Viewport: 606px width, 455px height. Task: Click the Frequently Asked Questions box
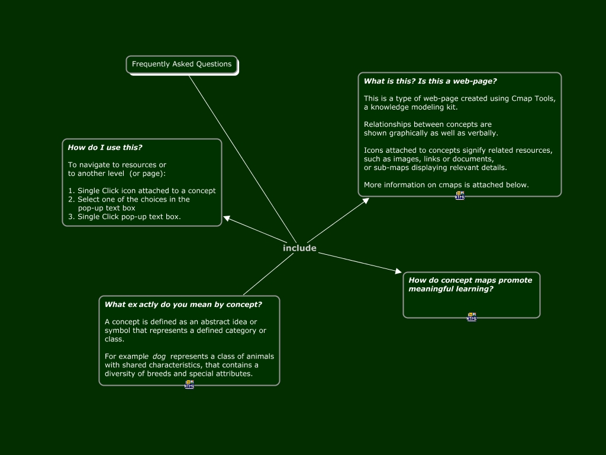click(182, 64)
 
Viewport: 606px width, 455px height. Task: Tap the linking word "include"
click(299, 248)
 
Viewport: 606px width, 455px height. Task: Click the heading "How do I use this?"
click(105, 148)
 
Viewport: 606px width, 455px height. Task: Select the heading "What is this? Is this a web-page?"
click(430, 81)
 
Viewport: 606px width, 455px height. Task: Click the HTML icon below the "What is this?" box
click(460, 196)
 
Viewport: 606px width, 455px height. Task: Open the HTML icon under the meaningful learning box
click(471, 317)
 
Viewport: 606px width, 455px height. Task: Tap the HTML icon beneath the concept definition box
click(189, 384)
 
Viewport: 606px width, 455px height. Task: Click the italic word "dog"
click(159, 357)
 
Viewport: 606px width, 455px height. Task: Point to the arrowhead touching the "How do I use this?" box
click(227, 219)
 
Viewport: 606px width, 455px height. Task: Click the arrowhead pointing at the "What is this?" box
click(365, 201)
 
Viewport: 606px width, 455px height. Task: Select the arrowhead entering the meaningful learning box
click(398, 271)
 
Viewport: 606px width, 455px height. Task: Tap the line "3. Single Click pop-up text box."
click(124, 217)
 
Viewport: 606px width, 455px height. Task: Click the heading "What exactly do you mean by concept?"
click(183, 305)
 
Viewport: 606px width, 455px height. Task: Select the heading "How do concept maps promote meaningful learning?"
click(470, 284)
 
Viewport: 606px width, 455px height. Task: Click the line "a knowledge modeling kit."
click(410, 107)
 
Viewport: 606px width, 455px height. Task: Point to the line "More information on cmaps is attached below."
click(446, 185)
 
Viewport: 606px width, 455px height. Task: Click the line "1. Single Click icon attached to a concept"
click(141, 191)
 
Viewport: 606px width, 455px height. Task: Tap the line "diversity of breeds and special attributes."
click(178, 374)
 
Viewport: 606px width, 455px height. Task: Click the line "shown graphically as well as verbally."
click(431, 133)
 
